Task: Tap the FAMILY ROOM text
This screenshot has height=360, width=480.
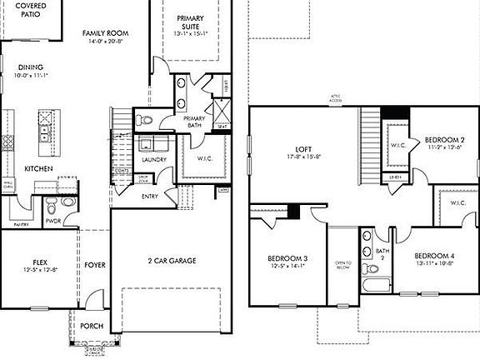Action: coord(103,33)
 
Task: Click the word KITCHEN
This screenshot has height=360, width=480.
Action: coord(38,168)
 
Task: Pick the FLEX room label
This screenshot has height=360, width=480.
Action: coord(39,261)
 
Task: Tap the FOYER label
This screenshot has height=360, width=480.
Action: coord(95,265)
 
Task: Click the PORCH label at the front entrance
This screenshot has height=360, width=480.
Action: coord(92,326)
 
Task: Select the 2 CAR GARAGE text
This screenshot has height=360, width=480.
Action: coord(172,261)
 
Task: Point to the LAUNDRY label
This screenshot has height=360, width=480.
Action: coord(154,159)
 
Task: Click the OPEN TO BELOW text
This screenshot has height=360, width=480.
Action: coord(343,265)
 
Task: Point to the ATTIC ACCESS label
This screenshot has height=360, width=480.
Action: coord(334,100)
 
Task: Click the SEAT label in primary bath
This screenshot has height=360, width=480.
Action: coord(222,127)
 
